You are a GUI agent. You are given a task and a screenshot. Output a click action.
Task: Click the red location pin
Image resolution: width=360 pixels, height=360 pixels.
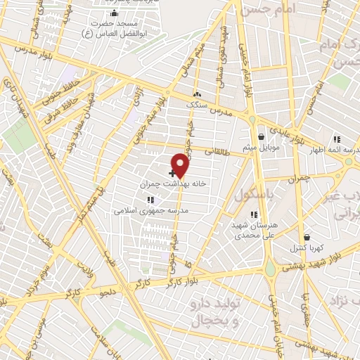point(181,165)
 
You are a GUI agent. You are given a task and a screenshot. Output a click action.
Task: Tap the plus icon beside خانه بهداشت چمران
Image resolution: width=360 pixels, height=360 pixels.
point(172,173)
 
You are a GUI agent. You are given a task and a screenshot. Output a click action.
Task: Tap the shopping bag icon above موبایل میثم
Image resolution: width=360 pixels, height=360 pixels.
point(261,137)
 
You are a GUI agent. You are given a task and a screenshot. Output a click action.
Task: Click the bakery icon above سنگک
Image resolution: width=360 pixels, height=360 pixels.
point(197,94)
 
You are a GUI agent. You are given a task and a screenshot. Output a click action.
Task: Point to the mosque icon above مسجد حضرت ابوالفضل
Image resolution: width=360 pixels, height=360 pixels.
point(115,13)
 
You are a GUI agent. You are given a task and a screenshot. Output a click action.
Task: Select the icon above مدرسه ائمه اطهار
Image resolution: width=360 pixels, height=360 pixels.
point(337,139)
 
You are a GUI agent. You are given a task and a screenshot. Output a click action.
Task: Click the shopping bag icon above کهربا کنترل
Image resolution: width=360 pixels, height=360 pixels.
point(306,238)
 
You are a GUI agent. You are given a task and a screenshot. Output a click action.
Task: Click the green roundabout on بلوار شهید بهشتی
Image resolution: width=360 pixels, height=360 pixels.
point(270,268)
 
